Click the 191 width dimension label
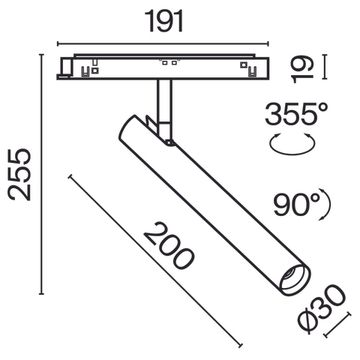[x=162, y=21]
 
